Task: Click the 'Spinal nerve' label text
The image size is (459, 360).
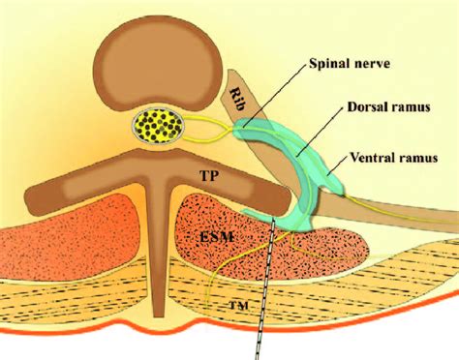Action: coord(350,63)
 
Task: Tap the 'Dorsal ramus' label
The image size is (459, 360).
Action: coord(388,106)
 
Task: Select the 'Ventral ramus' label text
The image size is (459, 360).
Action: coord(394,158)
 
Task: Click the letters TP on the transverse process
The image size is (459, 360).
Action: coord(209,176)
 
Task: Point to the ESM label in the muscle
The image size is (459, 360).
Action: coord(217,238)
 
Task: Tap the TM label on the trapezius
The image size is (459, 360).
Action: coord(239,305)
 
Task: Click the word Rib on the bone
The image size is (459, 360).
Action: coord(237,100)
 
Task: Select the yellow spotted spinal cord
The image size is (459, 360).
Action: coord(158,126)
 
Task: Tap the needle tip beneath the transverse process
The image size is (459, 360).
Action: coord(274,219)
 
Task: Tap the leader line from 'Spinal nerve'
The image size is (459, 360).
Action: coord(274,95)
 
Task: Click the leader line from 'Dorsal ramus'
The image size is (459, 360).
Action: coord(320,132)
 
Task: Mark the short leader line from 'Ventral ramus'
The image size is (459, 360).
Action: coord(338,166)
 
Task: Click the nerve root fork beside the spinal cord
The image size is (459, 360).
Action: coord(230,129)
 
